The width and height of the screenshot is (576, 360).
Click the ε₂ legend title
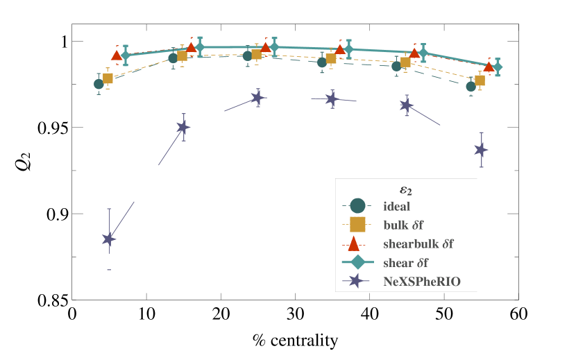click(x=406, y=189)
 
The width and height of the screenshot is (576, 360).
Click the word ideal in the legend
click(x=396, y=206)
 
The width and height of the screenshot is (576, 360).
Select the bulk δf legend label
click(x=403, y=225)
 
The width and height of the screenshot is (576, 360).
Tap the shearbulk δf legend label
click(x=418, y=243)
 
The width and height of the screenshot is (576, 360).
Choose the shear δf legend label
click(x=405, y=262)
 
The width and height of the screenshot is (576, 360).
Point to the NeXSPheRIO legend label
click(x=421, y=281)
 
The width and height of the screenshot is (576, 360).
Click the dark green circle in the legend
click(x=357, y=206)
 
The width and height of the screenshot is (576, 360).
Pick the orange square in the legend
click(x=357, y=225)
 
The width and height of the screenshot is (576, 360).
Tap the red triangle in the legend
click(x=354, y=243)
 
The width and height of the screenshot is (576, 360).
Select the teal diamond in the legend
click(x=357, y=262)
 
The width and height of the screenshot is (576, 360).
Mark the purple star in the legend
click(x=357, y=281)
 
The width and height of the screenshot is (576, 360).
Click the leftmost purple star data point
click(x=109, y=239)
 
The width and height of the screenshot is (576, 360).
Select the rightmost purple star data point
click(x=481, y=150)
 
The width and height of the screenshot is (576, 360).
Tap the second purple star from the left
click(x=183, y=128)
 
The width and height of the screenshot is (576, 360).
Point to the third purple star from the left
click(x=257, y=98)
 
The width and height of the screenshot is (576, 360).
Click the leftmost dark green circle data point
click(x=99, y=84)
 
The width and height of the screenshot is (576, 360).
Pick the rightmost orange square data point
click(x=480, y=80)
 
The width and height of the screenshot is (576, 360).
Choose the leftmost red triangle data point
click(x=117, y=55)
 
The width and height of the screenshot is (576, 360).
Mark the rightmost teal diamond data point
click(x=497, y=67)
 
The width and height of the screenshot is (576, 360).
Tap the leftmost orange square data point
click(x=108, y=78)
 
